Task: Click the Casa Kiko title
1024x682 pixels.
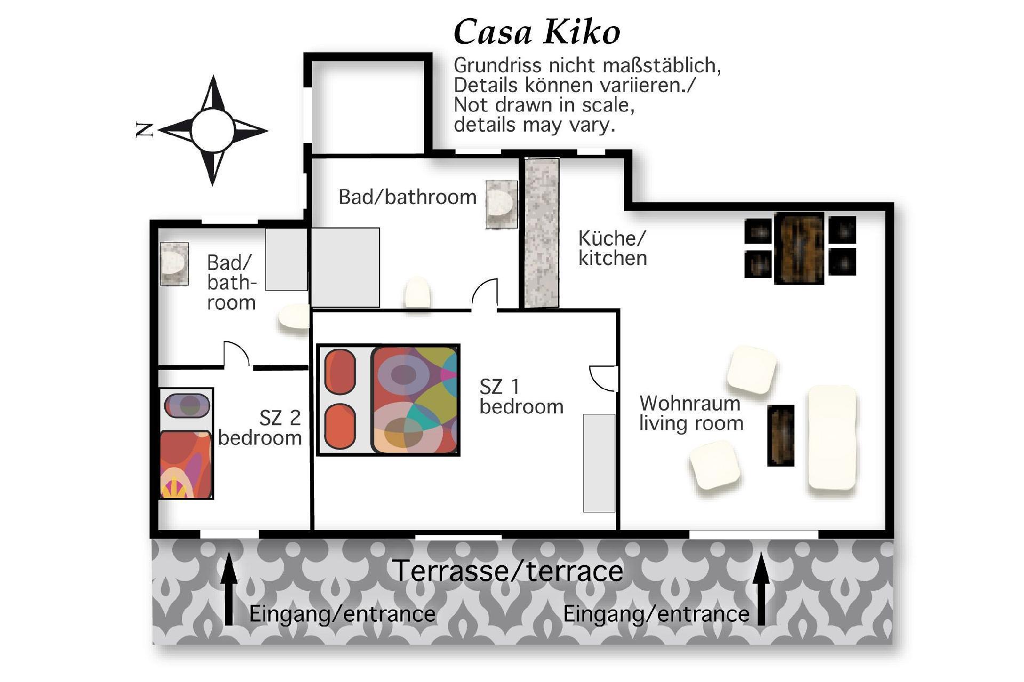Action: pyautogui.click(x=537, y=33)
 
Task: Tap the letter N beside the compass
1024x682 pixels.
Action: pyautogui.click(x=145, y=130)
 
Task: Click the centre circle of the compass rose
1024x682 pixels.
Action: pyautogui.click(x=212, y=131)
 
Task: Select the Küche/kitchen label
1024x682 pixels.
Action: pyautogui.click(x=613, y=248)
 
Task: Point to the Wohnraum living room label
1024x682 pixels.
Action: pyautogui.click(x=691, y=413)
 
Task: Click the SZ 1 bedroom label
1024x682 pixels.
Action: pyautogui.click(x=521, y=396)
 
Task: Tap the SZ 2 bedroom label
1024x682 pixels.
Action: pyautogui.click(x=260, y=428)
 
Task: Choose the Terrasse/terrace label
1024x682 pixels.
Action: pyautogui.click(x=508, y=571)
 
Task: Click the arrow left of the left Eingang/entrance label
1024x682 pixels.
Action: pyautogui.click(x=229, y=589)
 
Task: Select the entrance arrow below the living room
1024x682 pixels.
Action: pyautogui.click(x=761, y=589)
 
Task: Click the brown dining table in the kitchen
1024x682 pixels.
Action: pyautogui.click(x=799, y=248)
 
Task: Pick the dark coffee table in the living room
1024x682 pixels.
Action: pyautogui.click(x=781, y=436)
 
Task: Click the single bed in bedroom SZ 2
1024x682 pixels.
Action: pyautogui.click(x=186, y=444)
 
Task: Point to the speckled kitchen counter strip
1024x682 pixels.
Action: pyautogui.click(x=542, y=233)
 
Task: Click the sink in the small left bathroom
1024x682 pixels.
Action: pyautogui.click(x=174, y=263)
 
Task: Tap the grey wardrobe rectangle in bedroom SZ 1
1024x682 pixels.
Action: pyautogui.click(x=599, y=463)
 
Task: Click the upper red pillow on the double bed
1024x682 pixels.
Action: pyautogui.click(x=340, y=371)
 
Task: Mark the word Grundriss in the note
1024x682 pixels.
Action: pyautogui.click(x=490, y=66)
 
